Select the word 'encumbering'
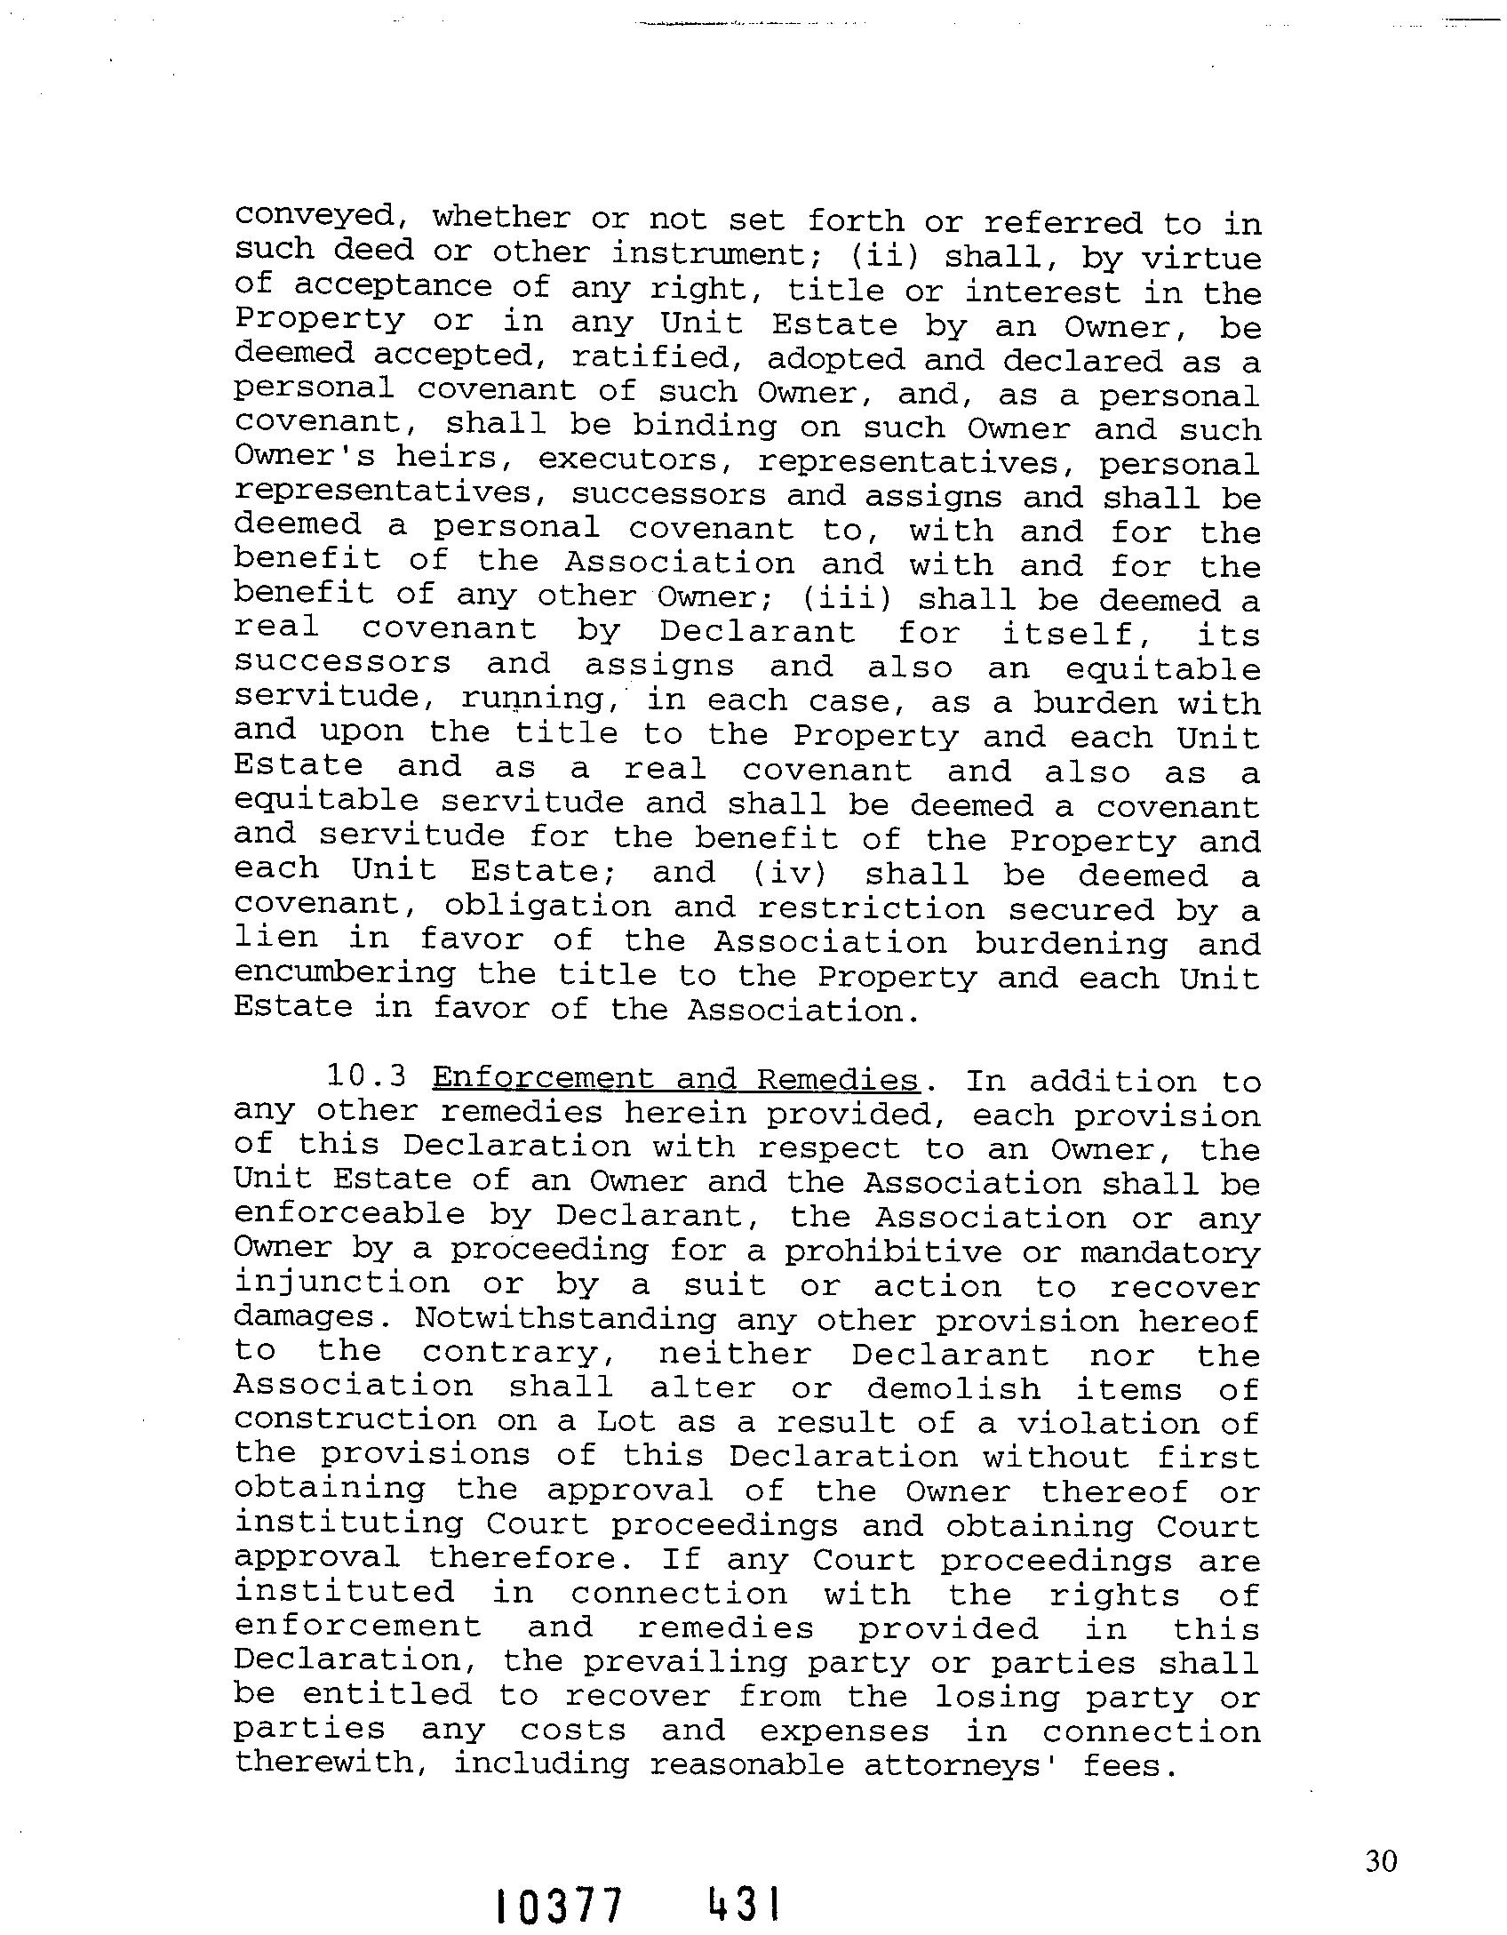pos(345,973)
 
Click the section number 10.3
pos(366,1077)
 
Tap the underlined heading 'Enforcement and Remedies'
pos(674,1080)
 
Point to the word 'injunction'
pos(342,1283)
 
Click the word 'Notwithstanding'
pos(565,1320)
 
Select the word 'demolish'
pos(953,1388)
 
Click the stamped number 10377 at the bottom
pos(559,1906)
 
